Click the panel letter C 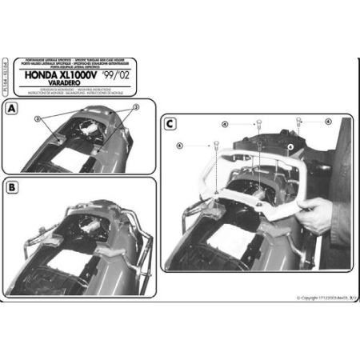pyautogui.click(x=170, y=122)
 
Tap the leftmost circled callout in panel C pyautogui.click(x=179, y=146)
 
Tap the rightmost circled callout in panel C pyautogui.click(x=327, y=122)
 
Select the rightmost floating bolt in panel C pyautogui.click(x=299, y=122)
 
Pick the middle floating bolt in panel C pyautogui.click(x=261, y=123)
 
